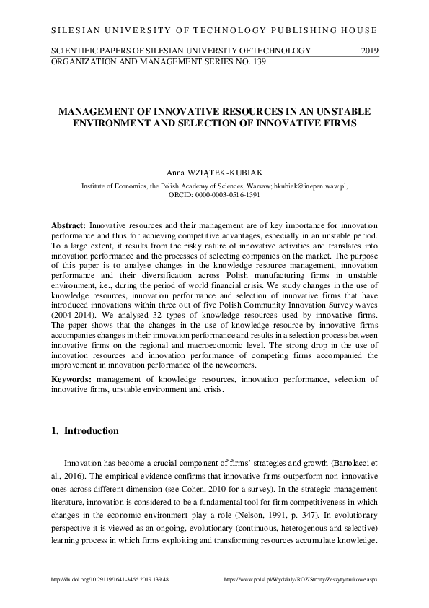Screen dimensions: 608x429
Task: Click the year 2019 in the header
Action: point(368,50)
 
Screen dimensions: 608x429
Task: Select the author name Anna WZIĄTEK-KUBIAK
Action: point(214,173)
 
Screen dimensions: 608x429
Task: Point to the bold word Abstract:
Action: point(69,226)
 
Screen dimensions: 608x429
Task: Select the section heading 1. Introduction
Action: point(85,431)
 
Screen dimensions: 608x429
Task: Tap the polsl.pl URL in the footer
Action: point(311,580)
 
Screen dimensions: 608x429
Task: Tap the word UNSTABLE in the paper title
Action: point(340,113)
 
